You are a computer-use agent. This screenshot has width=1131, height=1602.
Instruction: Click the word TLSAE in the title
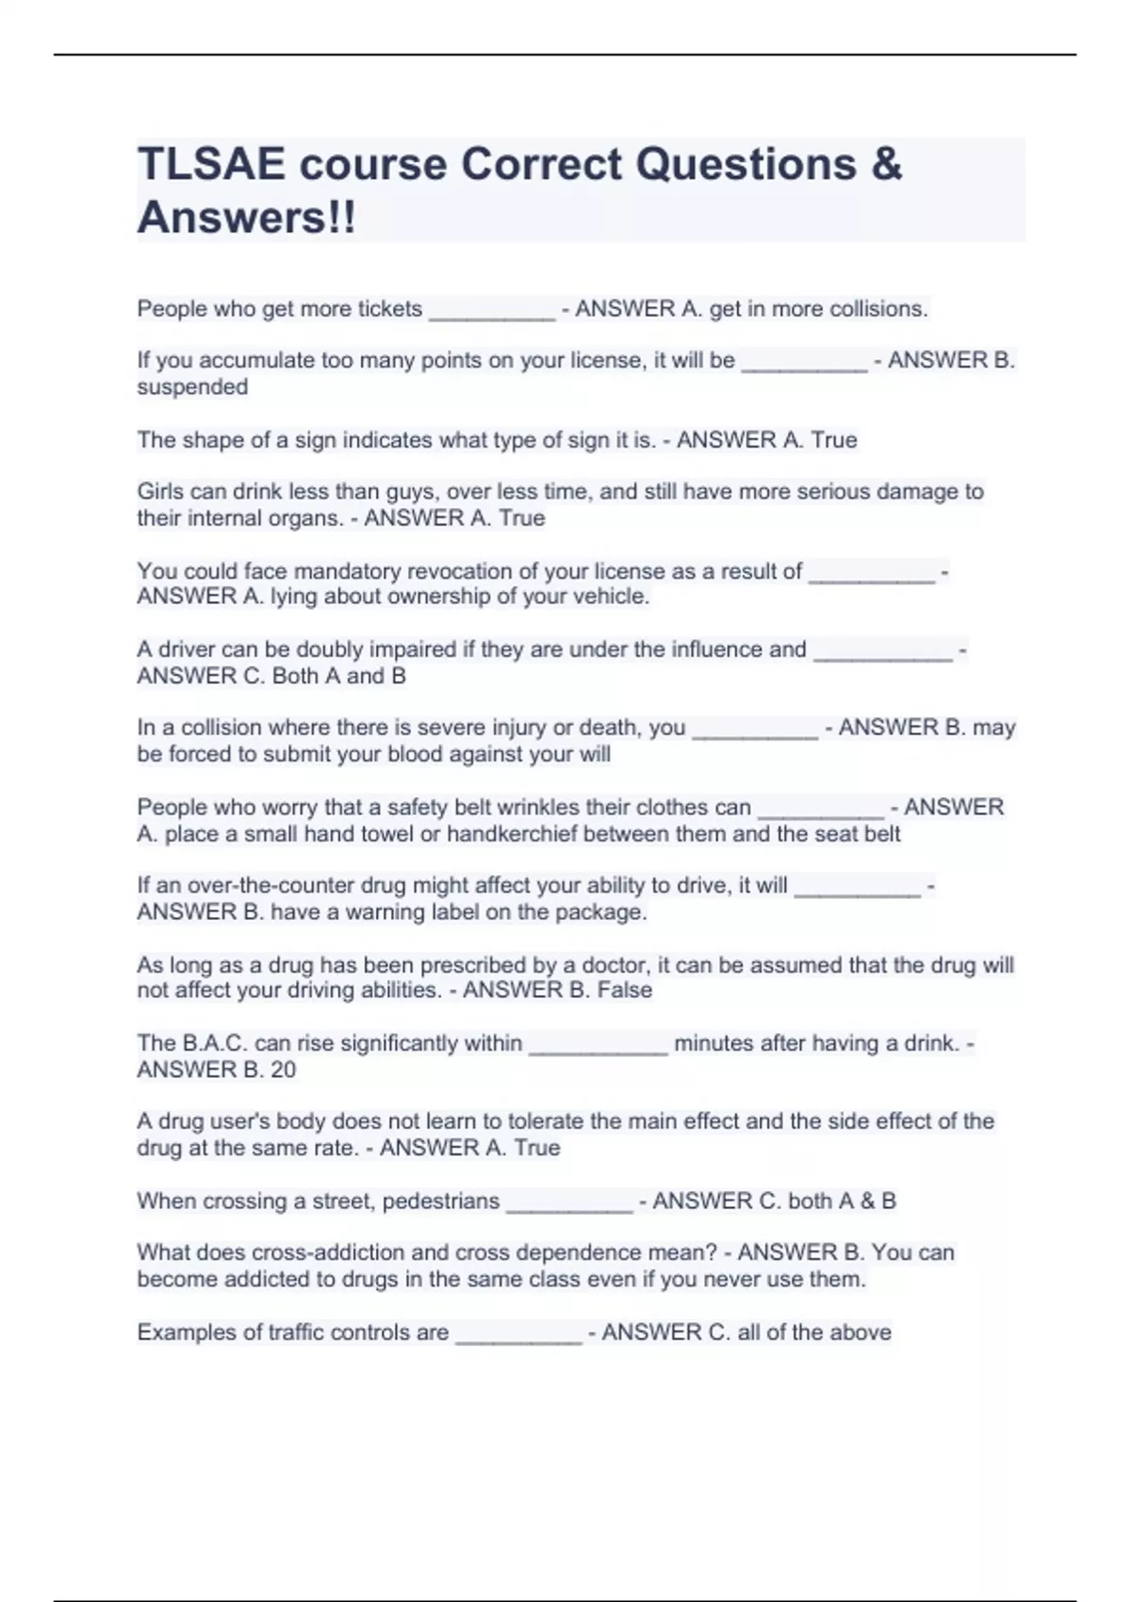click(211, 165)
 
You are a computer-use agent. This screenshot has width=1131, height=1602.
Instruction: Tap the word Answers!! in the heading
click(247, 218)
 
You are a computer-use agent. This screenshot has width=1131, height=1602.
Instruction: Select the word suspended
click(192, 387)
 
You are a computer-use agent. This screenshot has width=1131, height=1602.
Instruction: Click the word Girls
click(160, 492)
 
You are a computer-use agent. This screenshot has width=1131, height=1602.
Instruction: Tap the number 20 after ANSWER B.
click(283, 1070)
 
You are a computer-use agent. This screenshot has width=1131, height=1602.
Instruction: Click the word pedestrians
click(440, 1201)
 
